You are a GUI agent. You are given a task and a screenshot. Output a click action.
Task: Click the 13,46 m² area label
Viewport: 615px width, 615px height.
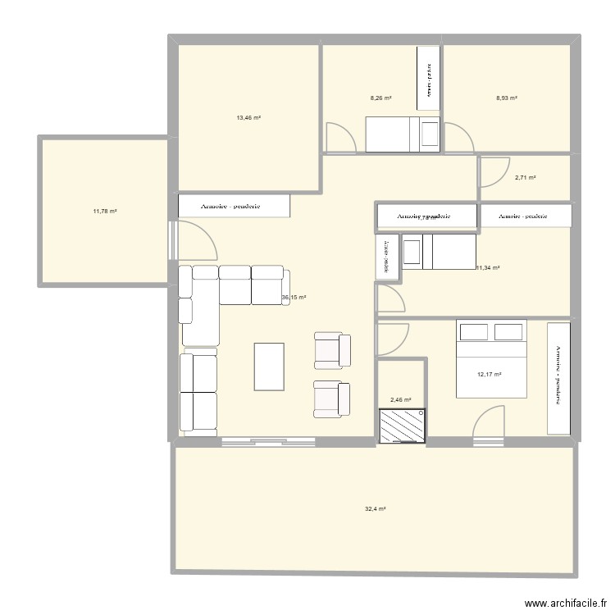248,118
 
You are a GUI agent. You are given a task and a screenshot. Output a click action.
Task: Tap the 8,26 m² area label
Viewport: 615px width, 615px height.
381,98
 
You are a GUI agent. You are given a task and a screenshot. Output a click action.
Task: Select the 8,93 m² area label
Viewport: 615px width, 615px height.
506,98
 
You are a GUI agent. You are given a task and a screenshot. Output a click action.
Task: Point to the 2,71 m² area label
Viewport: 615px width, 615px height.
525,178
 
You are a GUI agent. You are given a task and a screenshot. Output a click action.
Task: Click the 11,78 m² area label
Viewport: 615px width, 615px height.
105,212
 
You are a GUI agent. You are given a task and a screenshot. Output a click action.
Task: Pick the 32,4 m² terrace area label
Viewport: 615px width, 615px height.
375,509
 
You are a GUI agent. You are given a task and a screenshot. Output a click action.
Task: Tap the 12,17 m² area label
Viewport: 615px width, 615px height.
489,376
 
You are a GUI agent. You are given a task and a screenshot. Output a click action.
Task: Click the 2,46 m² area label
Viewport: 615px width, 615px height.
401,400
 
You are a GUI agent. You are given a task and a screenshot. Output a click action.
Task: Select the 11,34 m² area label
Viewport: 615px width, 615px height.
489,267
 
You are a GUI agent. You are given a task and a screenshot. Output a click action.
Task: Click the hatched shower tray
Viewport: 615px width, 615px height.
402,426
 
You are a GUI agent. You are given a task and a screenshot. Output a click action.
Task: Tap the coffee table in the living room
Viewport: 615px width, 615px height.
271,367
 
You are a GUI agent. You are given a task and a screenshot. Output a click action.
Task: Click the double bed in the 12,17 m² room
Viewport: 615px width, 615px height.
492,358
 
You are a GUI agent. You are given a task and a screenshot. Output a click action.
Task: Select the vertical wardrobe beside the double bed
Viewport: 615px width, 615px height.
559,377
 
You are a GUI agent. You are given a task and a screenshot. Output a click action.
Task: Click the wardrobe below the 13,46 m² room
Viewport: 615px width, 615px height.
235,206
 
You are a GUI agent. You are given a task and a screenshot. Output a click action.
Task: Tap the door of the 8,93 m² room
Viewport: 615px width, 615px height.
459,135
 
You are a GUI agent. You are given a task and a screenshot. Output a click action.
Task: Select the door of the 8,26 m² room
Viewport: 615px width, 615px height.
340,137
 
